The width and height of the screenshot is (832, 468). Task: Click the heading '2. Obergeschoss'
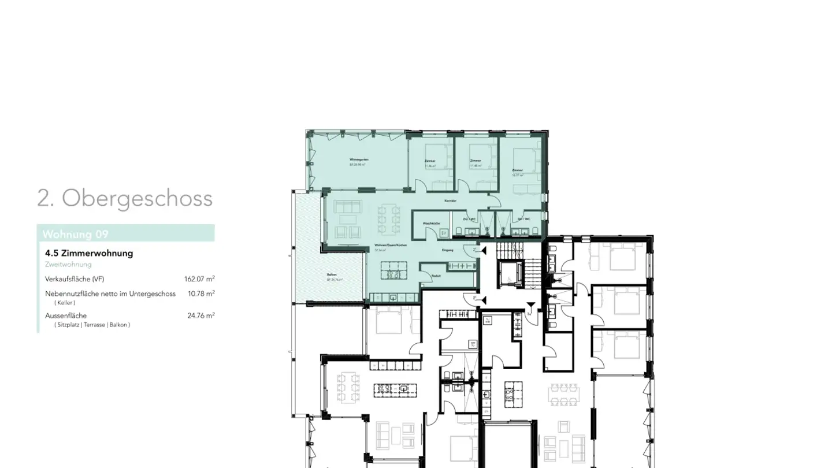pos(125,198)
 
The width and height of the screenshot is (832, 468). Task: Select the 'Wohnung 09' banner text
pos(75,234)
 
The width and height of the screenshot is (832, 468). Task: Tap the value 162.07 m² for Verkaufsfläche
pos(199,279)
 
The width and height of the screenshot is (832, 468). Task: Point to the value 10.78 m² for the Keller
pos(201,294)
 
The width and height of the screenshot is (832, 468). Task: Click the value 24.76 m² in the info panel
pos(201,315)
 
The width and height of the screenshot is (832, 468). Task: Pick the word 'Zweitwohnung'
pos(68,265)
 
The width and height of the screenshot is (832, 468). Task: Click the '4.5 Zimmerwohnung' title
pos(89,253)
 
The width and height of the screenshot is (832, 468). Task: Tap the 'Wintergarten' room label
pos(359,159)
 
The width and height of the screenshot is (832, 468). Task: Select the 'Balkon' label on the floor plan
pos(332,275)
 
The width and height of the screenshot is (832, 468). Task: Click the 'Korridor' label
pos(450,200)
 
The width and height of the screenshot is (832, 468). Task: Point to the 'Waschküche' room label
pos(431,223)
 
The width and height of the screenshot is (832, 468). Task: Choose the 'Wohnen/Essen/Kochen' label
pos(390,246)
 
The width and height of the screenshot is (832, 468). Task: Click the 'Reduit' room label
pos(436,276)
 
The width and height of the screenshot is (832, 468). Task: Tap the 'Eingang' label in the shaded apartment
pos(447,250)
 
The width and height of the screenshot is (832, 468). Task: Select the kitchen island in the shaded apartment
pos(393,270)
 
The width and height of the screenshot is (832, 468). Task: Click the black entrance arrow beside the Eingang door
pos(484,251)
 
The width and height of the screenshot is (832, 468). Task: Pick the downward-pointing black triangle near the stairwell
pos(531,305)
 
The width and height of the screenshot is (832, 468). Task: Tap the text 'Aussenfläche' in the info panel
pos(66,315)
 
